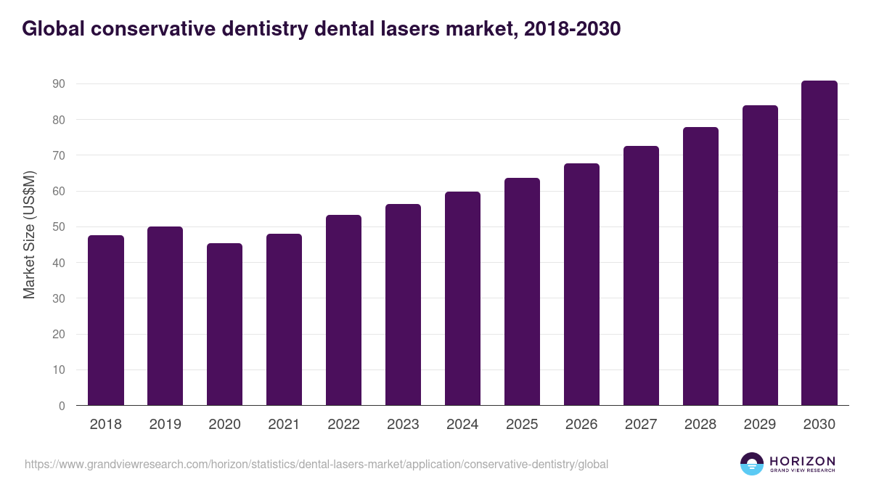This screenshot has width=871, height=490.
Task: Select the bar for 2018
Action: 106,320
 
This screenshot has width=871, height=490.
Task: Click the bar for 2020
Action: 225,324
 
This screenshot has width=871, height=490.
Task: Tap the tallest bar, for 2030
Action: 819,243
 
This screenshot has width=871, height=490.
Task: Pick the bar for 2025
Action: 523,292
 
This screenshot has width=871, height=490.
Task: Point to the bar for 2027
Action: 642,276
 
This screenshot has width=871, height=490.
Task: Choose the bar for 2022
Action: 344,310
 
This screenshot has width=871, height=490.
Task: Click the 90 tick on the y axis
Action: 59,84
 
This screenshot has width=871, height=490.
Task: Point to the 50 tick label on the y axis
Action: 59,227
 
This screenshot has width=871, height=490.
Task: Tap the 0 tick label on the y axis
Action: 62,407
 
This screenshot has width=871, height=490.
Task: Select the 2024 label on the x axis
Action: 463,425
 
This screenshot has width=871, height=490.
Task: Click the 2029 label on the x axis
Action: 760,425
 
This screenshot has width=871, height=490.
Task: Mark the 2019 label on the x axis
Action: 165,425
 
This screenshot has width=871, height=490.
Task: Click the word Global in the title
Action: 52,29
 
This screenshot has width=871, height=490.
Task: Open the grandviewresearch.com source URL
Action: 316,464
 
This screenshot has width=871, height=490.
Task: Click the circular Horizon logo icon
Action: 752,464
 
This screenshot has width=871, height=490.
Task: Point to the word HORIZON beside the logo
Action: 803,460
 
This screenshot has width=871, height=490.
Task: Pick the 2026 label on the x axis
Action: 582,425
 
